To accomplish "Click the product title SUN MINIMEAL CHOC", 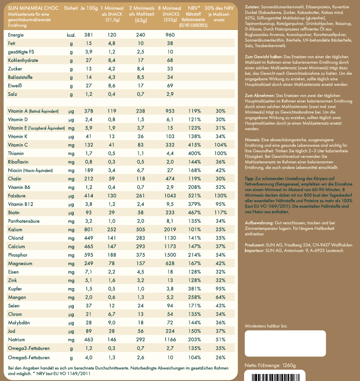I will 33,8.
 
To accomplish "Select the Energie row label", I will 16,35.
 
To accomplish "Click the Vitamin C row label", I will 18,145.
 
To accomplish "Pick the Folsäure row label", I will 17,196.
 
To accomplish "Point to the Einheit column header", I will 71,8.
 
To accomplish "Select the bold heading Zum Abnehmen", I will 259,95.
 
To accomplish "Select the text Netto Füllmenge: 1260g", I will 270,365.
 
